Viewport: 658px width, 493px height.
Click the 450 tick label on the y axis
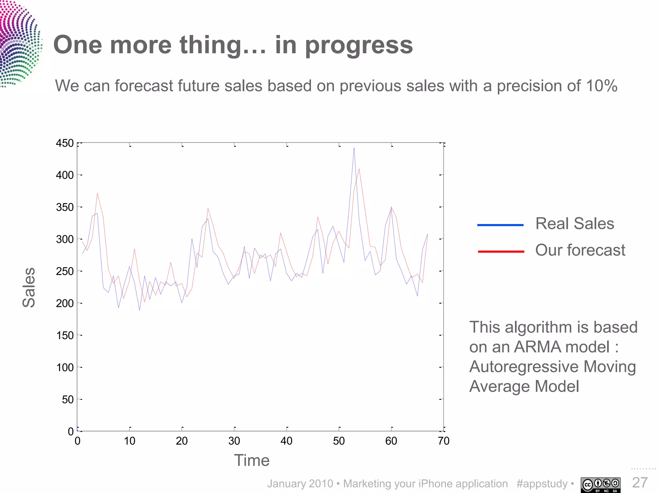point(65,143)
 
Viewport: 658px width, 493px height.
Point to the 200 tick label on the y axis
point(65,303)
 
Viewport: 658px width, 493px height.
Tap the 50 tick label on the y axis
point(67,400)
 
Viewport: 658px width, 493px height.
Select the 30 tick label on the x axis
point(234,441)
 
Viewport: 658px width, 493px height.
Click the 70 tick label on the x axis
point(443,441)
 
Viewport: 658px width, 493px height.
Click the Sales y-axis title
point(29,287)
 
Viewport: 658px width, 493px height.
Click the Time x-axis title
point(252,461)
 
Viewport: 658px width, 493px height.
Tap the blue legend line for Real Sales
point(500,225)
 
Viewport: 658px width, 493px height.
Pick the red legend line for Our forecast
point(501,252)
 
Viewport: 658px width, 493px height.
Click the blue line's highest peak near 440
point(354,148)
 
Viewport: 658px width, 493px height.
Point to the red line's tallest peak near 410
point(359,169)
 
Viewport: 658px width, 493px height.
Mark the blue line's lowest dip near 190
point(139,310)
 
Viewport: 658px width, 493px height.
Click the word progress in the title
point(359,45)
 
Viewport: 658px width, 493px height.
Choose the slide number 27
point(640,482)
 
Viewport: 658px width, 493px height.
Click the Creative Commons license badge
point(600,485)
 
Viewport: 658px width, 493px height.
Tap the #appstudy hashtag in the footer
point(542,484)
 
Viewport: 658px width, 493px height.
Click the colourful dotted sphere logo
point(19,43)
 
